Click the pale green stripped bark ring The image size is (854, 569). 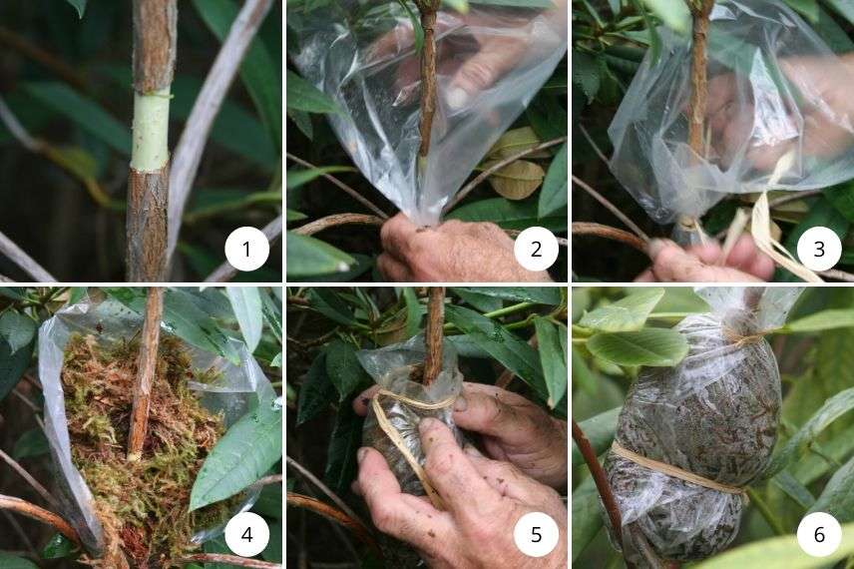coord(151,131)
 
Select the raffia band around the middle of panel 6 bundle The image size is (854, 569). coord(678,469)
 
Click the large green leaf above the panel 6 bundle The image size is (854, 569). coord(639,344)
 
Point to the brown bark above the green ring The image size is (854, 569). coord(155,45)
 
